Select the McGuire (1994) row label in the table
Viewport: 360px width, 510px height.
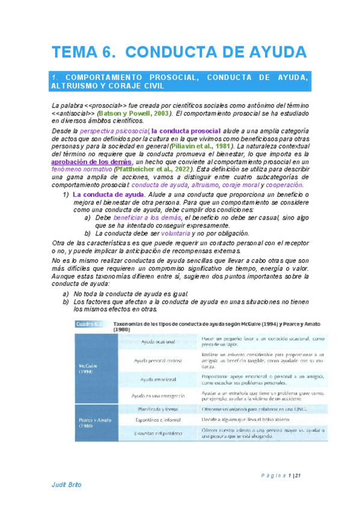(88, 367)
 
